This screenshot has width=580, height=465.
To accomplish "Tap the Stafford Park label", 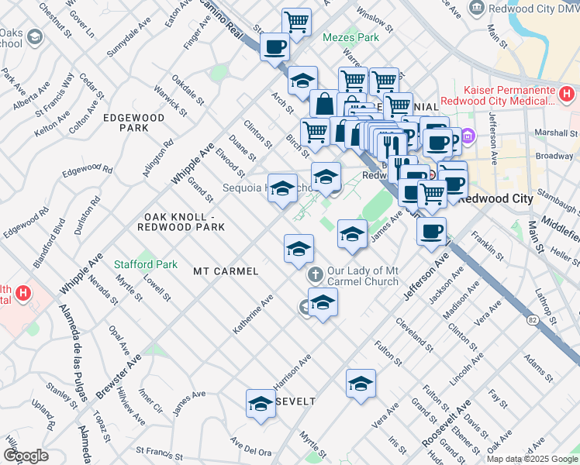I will [146, 264].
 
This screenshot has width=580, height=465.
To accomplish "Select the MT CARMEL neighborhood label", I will [225, 272].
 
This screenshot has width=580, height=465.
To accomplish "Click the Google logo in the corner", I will [26, 456].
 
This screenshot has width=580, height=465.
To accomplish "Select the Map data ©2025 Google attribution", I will [531, 459].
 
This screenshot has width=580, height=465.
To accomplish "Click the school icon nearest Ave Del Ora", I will [261, 404].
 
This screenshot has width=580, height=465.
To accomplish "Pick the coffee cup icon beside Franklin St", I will [432, 231].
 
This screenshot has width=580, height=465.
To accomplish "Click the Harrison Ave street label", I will [292, 372].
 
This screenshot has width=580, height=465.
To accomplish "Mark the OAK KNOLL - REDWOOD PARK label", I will [181, 222].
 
